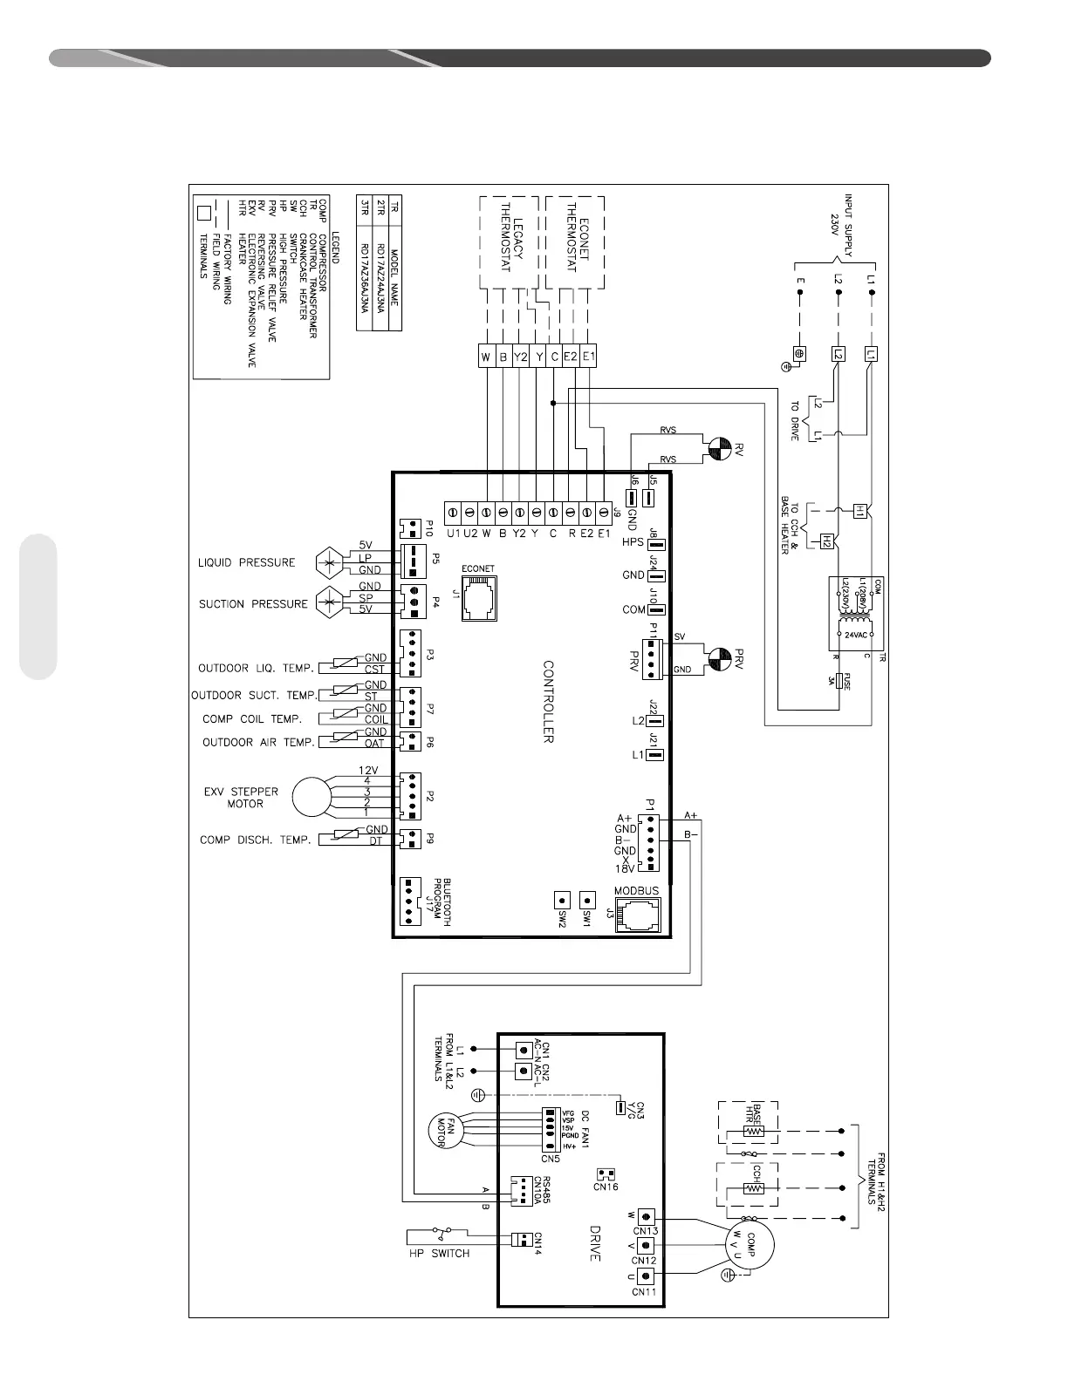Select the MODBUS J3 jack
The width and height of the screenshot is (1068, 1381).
coord(637,915)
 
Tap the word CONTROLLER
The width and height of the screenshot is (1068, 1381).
coord(549,701)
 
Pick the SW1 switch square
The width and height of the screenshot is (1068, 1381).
coord(588,899)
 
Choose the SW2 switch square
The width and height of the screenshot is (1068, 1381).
coord(563,899)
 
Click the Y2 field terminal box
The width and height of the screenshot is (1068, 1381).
coord(521,356)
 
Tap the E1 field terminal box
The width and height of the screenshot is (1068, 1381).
coord(588,356)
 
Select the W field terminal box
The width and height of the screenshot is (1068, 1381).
coord(486,356)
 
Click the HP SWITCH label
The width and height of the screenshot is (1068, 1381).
coord(440,1254)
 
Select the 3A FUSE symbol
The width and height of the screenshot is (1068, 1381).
coord(839,681)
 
